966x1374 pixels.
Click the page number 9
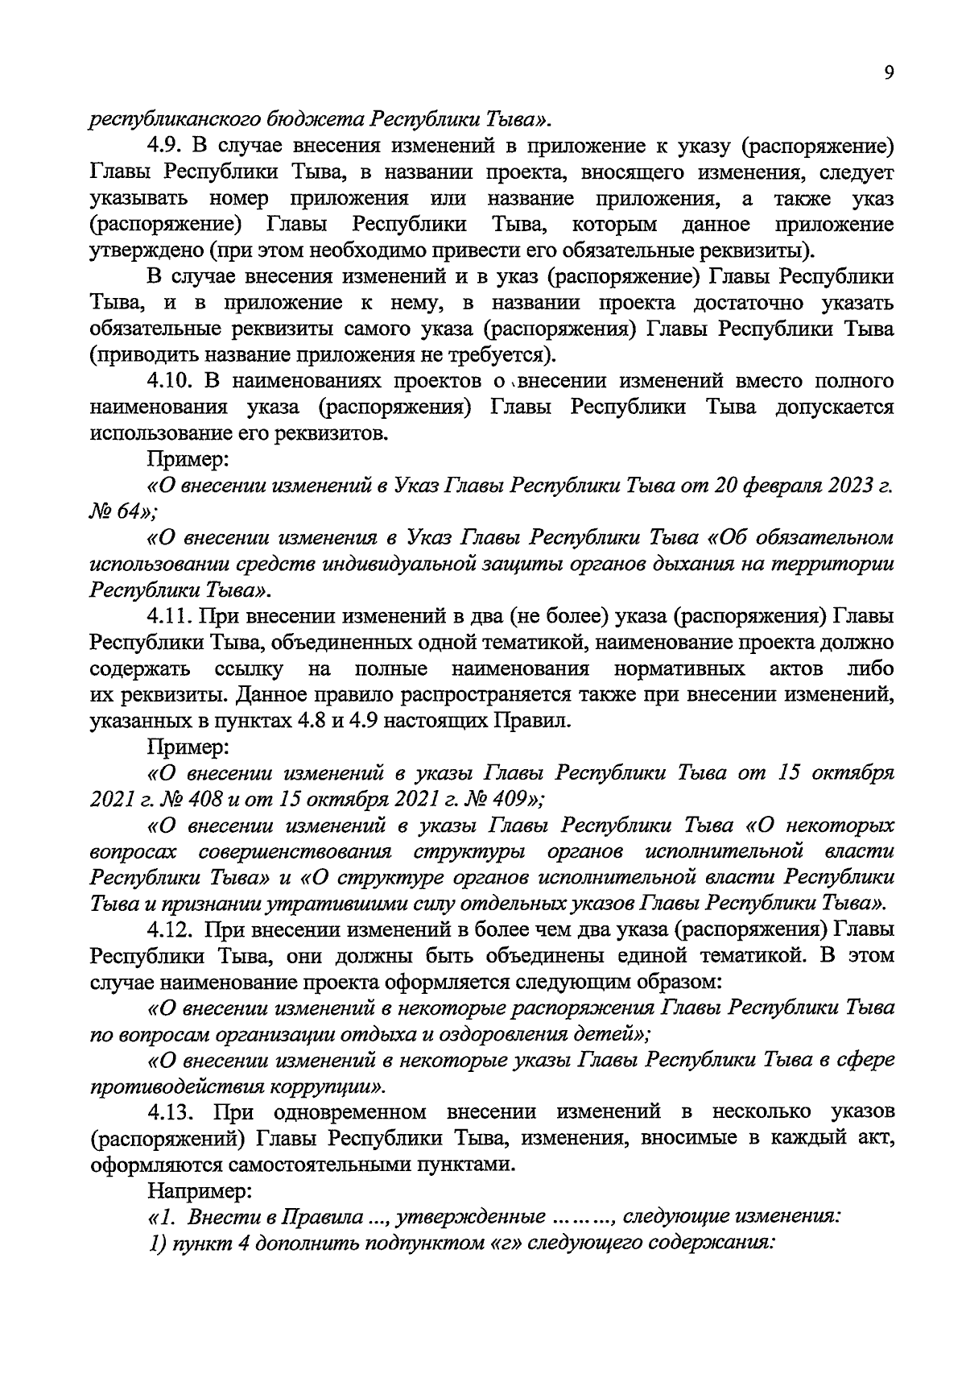(888, 72)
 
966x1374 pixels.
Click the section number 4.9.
(167, 147)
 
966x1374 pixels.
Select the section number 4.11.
(171, 617)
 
